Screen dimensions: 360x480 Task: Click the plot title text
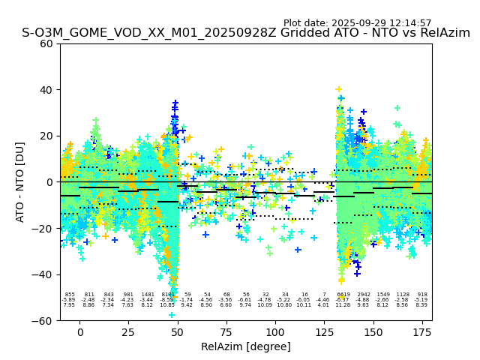coord(246,33)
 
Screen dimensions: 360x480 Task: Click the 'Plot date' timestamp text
coord(357,23)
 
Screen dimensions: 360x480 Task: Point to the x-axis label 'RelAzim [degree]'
coord(246,346)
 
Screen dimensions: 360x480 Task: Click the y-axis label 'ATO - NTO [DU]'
coord(20,181)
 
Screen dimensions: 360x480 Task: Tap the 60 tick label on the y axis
coord(46,43)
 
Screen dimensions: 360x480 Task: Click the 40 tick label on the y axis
coord(46,90)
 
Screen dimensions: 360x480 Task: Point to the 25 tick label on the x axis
coord(129,332)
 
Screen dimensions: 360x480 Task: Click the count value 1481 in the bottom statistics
coord(148,295)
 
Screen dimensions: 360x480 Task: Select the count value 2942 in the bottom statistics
coord(363,295)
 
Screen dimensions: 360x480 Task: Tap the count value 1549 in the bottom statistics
coord(383,295)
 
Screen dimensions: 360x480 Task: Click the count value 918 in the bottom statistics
coord(422,295)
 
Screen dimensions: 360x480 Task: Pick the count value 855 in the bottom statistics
coord(70,295)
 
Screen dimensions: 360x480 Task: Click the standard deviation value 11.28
coord(343,305)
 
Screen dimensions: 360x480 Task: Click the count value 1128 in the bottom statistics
coord(403,295)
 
